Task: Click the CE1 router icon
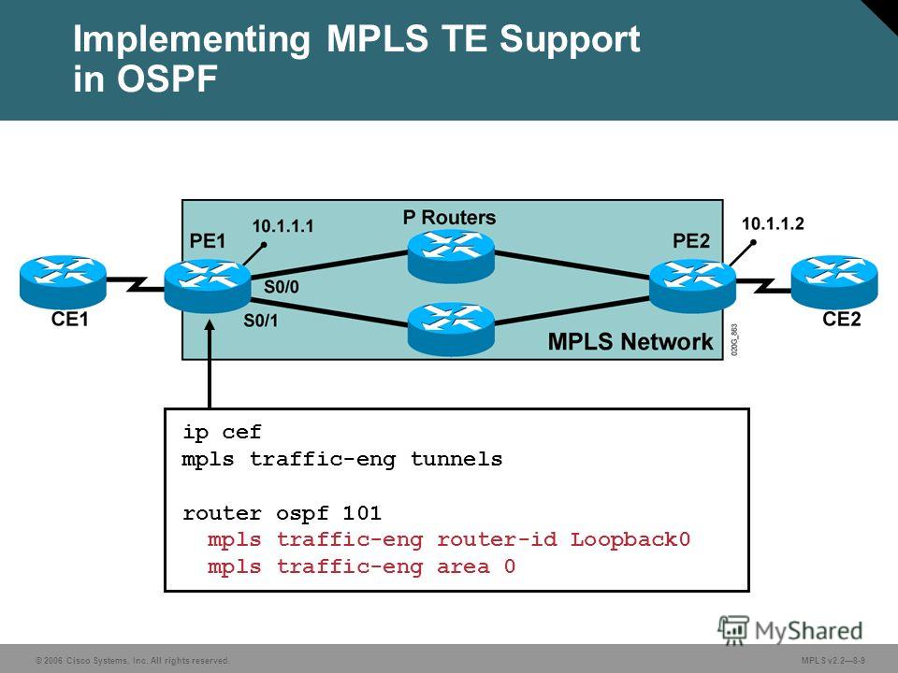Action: pyautogui.click(x=63, y=281)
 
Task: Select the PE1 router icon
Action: pyautogui.click(x=208, y=286)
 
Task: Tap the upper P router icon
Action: pyautogui.click(x=451, y=256)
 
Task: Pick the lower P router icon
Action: pyautogui.click(x=451, y=329)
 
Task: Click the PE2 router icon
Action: pyautogui.click(x=692, y=286)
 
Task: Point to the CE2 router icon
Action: pyautogui.click(x=834, y=282)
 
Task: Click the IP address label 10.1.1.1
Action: pyautogui.click(x=282, y=226)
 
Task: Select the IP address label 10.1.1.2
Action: pyautogui.click(x=774, y=223)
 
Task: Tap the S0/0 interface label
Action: pyautogui.click(x=282, y=287)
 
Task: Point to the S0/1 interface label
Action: pyautogui.click(x=261, y=321)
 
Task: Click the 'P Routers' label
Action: pyautogui.click(x=450, y=218)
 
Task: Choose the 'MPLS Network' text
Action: pyautogui.click(x=630, y=342)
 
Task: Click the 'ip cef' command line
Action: pyautogui.click(x=223, y=432)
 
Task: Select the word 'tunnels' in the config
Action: pyautogui.click(x=456, y=459)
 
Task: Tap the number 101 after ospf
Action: pyautogui.click(x=363, y=513)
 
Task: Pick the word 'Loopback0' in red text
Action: pyautogui.click(x=630, y=539)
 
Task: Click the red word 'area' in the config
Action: pyautogui.click(x=463, y=567)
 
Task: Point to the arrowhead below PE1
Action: pyautogui.click(x=210, y=324)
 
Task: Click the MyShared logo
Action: pyautogui.click(x=790, y=631)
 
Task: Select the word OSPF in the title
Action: pyautogui.click(x=167, y=79)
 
